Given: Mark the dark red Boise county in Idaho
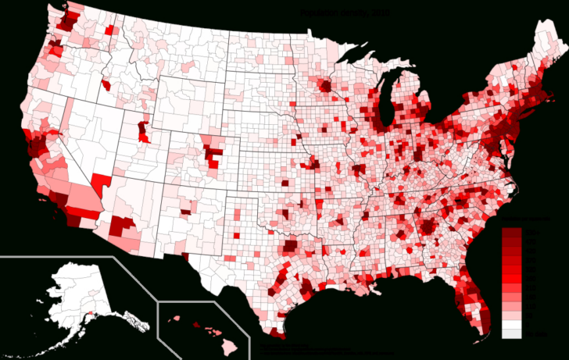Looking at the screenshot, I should pos(106,84).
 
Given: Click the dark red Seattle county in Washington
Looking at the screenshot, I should pos(66,22).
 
